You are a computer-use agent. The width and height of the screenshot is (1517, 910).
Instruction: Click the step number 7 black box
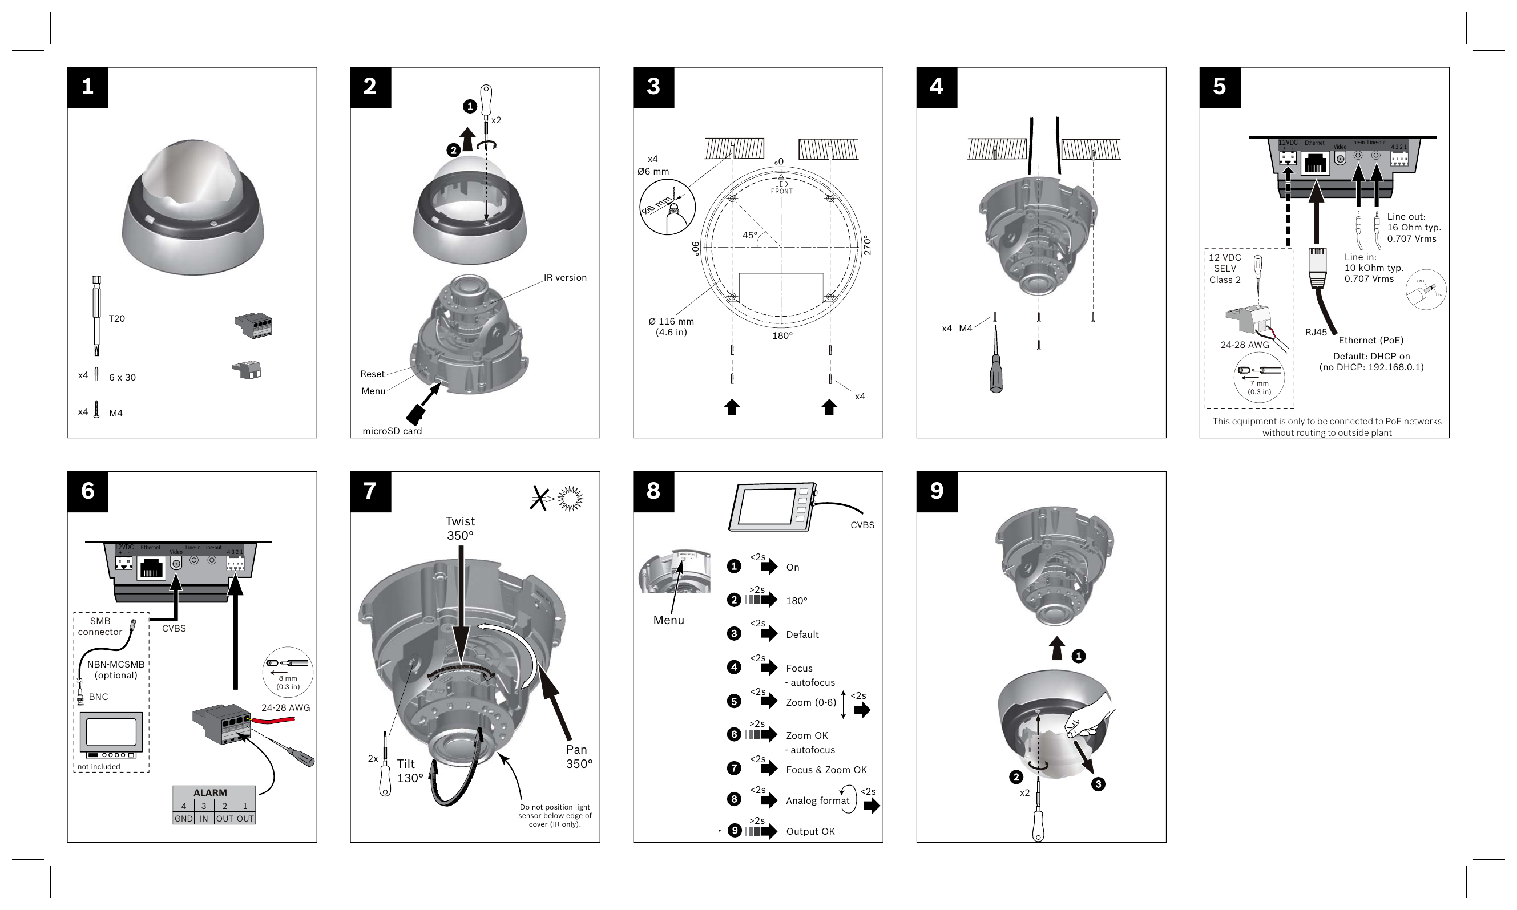tap(370, 491)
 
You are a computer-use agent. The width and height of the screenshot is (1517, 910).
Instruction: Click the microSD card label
tap(392, 431)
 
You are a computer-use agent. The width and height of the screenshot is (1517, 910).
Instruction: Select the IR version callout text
tap(564, 278)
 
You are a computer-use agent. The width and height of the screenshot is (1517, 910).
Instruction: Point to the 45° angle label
tap(749, 236)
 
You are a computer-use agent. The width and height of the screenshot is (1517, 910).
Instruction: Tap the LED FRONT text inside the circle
tap(781, 188)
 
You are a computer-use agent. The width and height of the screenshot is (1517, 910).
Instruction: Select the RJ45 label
tap(1315, 333)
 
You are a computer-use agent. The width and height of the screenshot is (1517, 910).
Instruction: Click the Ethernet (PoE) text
tap(1370, 341)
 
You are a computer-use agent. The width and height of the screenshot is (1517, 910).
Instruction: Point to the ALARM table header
tap(211, 792)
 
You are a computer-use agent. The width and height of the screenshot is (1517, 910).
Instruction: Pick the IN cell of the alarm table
tap(204, 819)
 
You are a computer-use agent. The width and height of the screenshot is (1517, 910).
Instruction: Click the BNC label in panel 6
tap(98, 697)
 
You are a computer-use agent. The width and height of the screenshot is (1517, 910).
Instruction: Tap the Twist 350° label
tap(460, 528)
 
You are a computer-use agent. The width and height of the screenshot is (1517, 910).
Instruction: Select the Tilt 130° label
tap(409, 771)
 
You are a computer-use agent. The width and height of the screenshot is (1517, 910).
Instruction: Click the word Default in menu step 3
tap(802, 634)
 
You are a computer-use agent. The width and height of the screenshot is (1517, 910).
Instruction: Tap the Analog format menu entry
tap(817, 800)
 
